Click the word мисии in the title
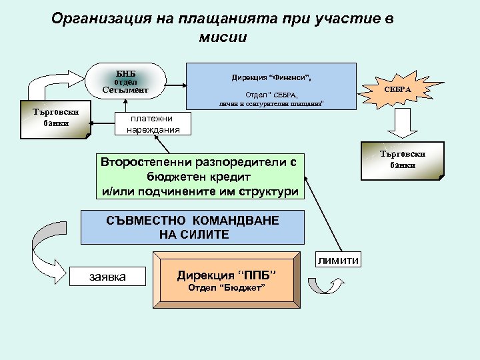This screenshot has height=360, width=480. tap(223, 37)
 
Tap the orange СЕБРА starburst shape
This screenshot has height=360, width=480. tap(398, 89)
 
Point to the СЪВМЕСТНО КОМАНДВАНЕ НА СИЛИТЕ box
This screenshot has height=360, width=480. tap(193, 227)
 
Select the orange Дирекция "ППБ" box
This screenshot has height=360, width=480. tap(226, 275)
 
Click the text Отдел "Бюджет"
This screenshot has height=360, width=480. tap(227, 287)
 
